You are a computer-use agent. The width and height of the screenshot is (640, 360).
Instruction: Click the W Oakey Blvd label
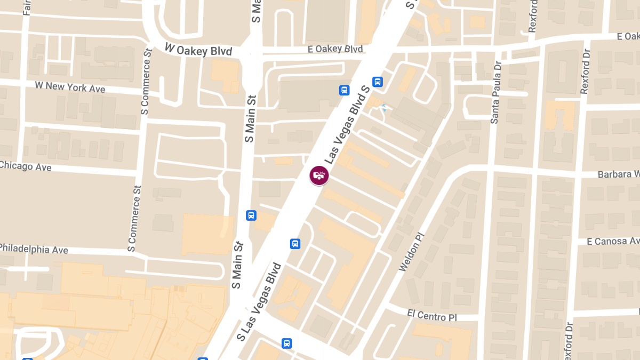click(x=198, y=50)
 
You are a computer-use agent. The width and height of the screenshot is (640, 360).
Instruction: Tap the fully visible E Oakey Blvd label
click(x=335, y=49)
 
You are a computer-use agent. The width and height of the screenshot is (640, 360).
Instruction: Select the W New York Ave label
click(x=70, y=87)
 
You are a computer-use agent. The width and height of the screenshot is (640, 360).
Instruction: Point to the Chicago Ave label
click(x=26, y=166)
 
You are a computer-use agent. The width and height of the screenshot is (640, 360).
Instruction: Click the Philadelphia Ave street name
click(x=34, y=249)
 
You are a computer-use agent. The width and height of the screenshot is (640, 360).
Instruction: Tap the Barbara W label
click(x=618, y=174)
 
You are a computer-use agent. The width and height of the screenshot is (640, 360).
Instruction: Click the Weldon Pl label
click(x=411, y=251)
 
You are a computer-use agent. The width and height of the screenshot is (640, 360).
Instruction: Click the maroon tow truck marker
click(x=319, y=175)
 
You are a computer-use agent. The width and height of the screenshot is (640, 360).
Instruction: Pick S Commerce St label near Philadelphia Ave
click(x=135, y=218)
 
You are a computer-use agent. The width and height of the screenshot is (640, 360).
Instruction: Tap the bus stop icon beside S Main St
click(x=251, y=215)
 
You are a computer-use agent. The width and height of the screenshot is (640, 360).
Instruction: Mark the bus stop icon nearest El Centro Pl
click(x=287, y=343)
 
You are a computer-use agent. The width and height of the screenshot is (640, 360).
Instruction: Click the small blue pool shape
click(x=383, y=108)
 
